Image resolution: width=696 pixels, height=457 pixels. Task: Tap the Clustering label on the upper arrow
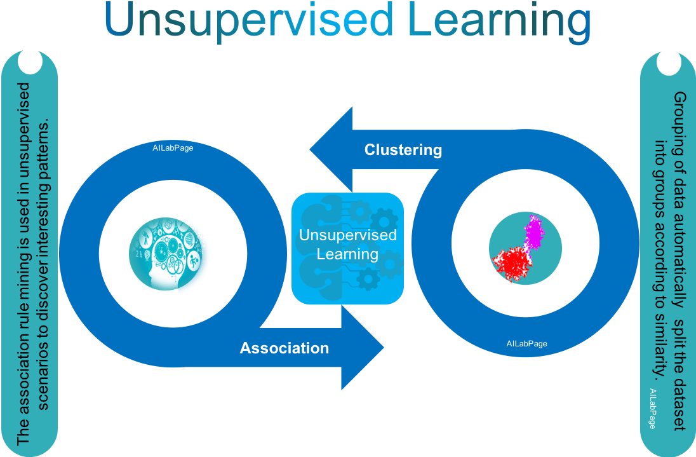(x=403, y=150)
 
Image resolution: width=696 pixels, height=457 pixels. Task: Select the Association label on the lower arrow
(x=284, y=348)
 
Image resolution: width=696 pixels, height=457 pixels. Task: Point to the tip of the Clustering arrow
(x=311, y=150)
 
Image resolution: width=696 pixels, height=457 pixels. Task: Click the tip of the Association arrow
(x=383, y=348)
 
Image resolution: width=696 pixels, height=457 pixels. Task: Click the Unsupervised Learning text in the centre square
(x=347, y=245)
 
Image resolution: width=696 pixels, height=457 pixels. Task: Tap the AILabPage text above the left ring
(x=173, y=147)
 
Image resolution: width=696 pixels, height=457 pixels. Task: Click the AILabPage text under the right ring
(x=526, y=344)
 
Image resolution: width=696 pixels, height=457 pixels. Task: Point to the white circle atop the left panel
(x=29, y=61)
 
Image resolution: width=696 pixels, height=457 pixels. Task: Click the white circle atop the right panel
(x=667, y=63)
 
